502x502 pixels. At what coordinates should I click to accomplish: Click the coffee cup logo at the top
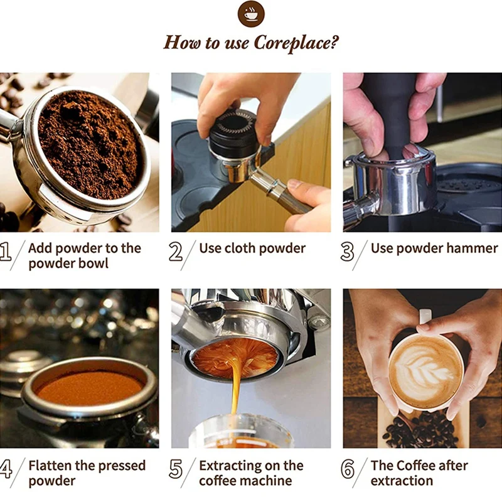coord(251,14)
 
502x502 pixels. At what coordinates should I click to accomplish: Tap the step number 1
coord(6,252)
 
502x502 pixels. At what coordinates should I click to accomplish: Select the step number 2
coord(176,252)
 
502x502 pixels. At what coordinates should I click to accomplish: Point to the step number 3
coord(347,252)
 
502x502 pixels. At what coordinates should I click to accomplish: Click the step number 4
coord(6,469)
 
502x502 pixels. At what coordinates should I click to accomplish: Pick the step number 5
coord(176,469)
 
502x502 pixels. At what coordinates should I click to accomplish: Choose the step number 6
coord(347,469)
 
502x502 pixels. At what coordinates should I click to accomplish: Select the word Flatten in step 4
coord(51,466)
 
